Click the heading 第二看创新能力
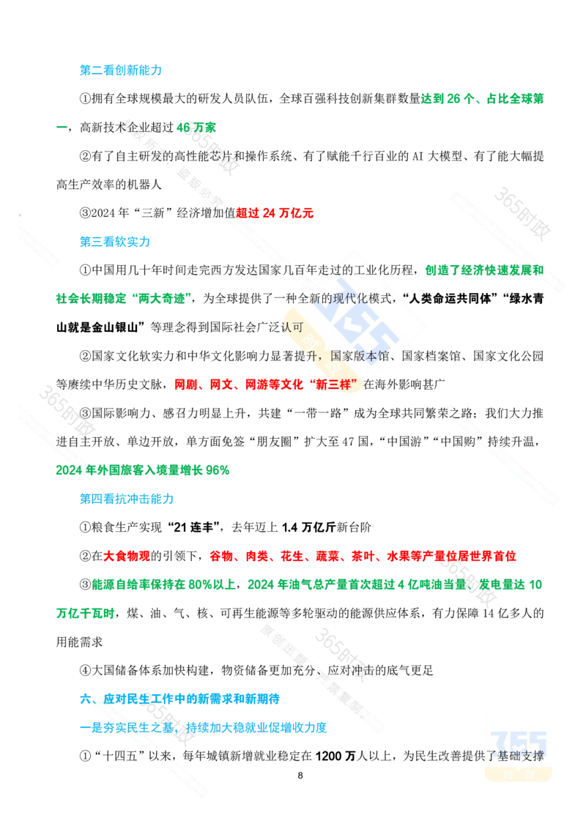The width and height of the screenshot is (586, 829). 121,70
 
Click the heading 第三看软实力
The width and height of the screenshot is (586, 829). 115,242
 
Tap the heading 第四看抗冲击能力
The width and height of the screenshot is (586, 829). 127,499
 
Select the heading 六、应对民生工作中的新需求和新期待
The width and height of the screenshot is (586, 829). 179,699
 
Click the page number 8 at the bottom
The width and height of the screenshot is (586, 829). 300,775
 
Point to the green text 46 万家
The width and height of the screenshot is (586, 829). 196,127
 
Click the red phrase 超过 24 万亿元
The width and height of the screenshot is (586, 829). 275,213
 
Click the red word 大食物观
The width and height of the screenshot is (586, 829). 127,556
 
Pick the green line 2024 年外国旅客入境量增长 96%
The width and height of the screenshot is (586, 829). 143,470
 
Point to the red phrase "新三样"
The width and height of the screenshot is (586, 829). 333,384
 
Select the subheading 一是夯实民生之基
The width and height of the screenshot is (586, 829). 127,727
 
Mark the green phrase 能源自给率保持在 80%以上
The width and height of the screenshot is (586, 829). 163,584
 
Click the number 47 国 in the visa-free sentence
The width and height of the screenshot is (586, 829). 355,442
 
